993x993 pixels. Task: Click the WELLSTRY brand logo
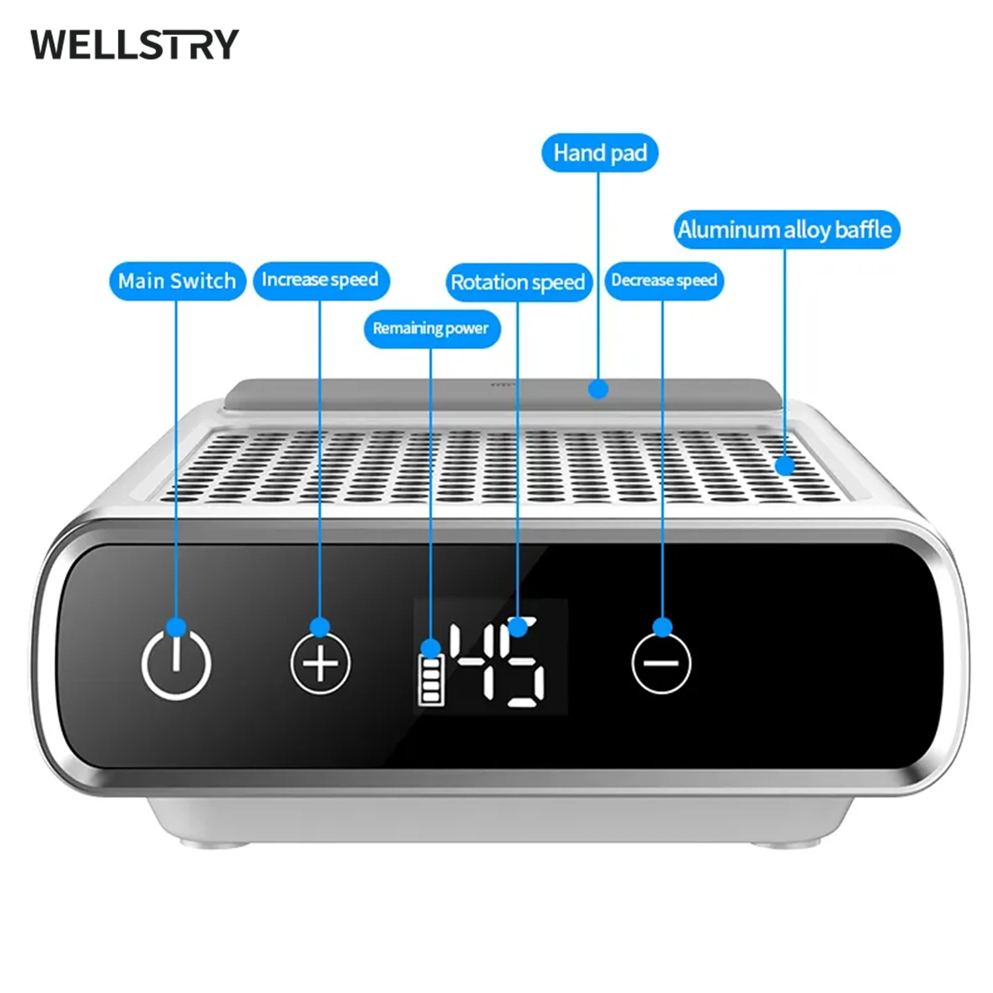point(134,45)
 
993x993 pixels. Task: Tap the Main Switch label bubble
point(177,281)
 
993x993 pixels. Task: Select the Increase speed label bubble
point(320,280)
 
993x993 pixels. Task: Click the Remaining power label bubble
point(431,328)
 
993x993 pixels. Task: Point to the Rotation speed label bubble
point(518,283)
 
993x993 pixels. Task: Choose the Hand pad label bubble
point(600,153)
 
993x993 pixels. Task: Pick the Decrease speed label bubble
point(664,281)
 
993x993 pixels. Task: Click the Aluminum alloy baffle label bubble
point(786,230)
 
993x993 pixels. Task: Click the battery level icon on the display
point(431,681)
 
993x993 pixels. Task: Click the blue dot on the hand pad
point(598,389)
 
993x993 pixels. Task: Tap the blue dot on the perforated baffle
point(785,466)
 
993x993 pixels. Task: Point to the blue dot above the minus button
point(662,626)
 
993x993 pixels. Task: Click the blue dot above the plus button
point(320,626)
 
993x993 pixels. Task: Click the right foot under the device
point(785,844)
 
